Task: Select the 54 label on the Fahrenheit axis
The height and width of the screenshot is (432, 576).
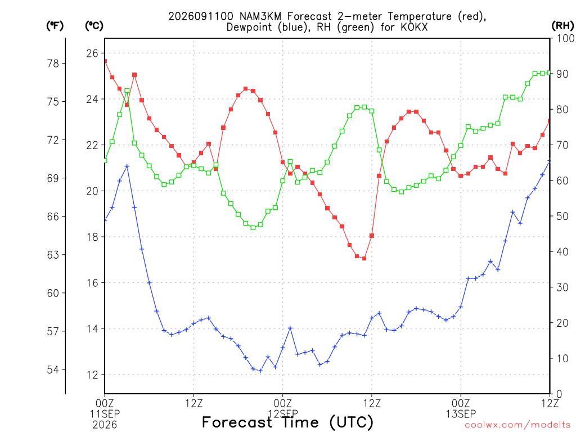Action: click(x=53, y=370)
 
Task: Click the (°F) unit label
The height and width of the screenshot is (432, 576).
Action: click(x=55, y=26)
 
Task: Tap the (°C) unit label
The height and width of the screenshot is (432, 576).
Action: click(x=94, y=26)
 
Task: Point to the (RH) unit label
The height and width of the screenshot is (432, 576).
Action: click(x=562, y=26)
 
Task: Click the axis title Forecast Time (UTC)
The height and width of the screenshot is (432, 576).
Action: click(x=287, y=422)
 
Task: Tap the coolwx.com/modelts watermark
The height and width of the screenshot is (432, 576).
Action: click(x=517, y=425)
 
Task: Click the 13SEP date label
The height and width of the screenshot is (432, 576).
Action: click(x=461, y=414)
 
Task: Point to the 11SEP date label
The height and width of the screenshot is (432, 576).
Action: click(x=105, y=414)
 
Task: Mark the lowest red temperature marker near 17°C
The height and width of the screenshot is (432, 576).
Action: click(x=364, y=259)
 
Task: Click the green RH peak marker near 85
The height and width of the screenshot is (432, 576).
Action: click(x=127, y=91)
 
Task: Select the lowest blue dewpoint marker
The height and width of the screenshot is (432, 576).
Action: click(x=260, y=371)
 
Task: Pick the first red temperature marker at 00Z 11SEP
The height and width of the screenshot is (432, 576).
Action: click(x=105, y=61)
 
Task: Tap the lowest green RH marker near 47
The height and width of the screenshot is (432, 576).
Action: click(x=253, y=228)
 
